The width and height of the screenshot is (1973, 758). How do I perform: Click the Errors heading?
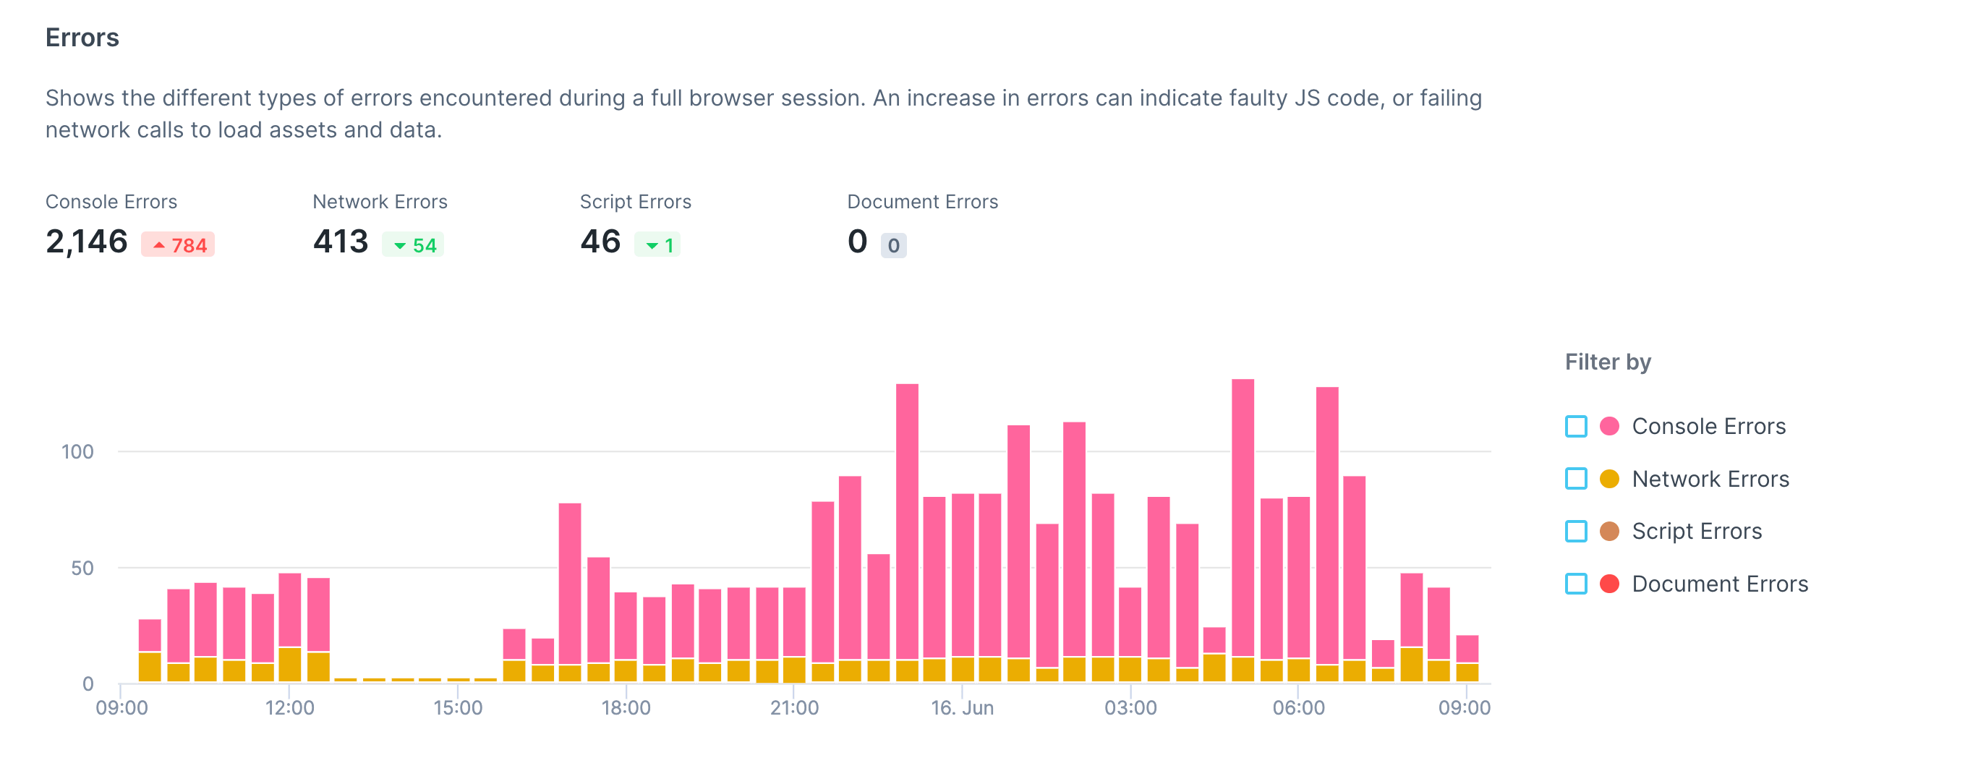[x=82, y=38]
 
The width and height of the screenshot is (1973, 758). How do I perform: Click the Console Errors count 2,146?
[x=87, y=242]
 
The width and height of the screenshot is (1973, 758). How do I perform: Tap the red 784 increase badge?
[x=178, y=245]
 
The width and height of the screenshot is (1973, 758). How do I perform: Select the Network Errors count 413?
[x=341, y=242]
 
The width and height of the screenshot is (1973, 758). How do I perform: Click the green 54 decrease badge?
[x=413, y=245]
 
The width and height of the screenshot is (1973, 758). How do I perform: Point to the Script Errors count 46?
[x=600, y=242]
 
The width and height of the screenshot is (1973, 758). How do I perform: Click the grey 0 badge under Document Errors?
[x=893, y=246]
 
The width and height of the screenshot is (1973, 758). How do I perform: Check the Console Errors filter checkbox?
[x=1575, y=427]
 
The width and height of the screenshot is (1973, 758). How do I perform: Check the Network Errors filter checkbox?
[x=1575, y=480]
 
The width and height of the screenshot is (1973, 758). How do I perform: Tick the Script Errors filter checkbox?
[x=1575, y=532]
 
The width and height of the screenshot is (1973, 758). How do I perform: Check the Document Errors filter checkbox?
[x=1575, y=584]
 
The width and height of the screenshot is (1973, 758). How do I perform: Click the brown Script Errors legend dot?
[x=1609, y=532]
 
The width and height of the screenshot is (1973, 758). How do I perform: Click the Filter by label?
[x=1607, y=362]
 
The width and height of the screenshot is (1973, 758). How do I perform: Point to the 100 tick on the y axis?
[x=77, y=452]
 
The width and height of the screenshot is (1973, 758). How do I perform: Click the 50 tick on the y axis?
[x=82, y=568]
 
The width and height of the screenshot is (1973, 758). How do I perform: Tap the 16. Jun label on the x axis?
[x=962, y=708]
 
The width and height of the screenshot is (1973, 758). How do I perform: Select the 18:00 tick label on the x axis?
[x=626, y=708]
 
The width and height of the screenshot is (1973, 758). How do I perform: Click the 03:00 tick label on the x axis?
[x=1130, y=708]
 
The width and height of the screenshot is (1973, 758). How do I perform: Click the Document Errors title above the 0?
[x=922, y=202]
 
